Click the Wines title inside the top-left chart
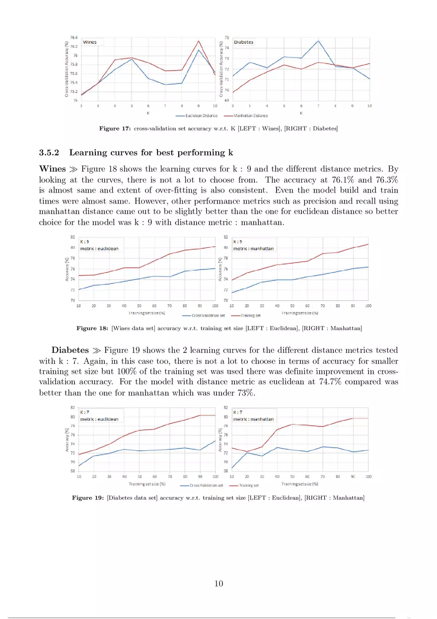89,42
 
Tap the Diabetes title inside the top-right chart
243,42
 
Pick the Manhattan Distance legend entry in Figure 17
251,115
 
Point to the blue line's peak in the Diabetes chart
317,41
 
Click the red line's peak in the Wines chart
198,41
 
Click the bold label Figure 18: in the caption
91,328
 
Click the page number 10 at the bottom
218,583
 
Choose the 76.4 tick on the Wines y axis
73,37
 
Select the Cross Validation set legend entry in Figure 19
206,485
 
